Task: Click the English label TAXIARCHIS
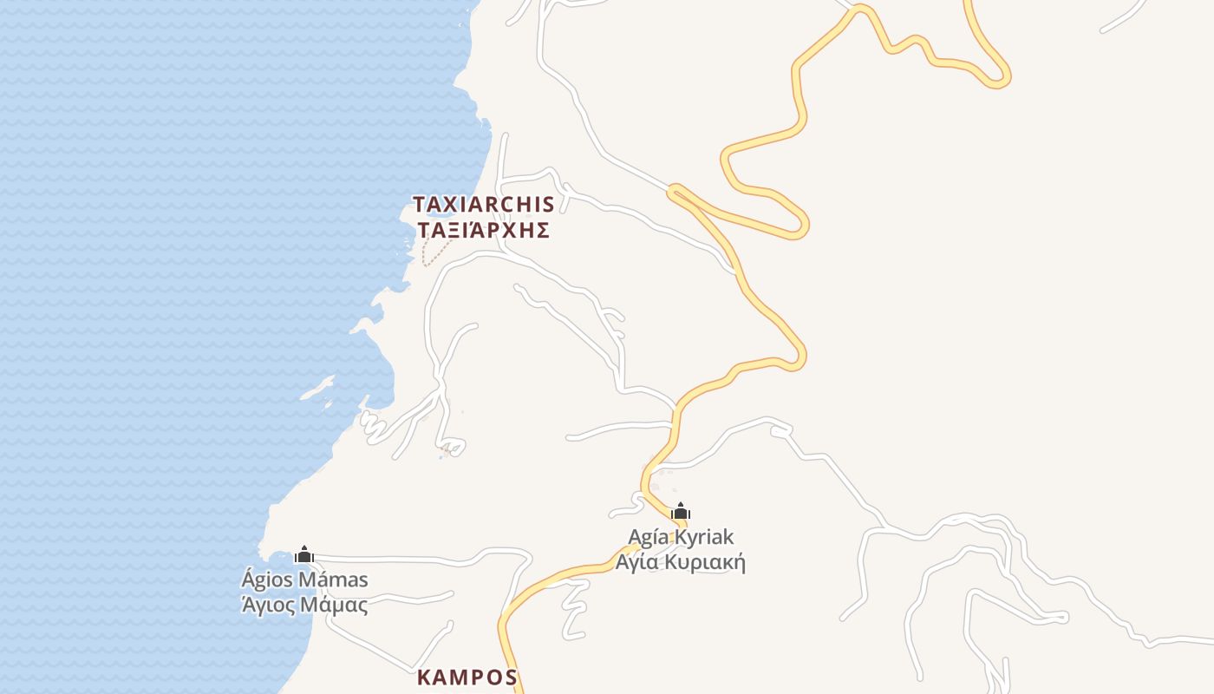click(x=483, y=205)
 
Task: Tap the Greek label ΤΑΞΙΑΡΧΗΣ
click(x=483, y=230)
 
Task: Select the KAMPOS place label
click(x=467, y=678)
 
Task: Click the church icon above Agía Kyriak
click(x=681, y=511)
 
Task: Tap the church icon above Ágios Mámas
click(x=304, y=554)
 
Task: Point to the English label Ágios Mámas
click(x=304, y=579)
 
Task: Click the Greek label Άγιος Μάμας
click(x=304, y=605)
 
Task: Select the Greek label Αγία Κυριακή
click(x=681, y=562)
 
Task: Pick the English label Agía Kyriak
click(x=681, y=537)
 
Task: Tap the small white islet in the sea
click(x=317, y=388)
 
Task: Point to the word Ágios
click(x=266, y=579)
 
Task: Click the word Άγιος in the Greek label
click(x=268, y=605)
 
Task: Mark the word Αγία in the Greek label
click(x=636, y=562)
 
